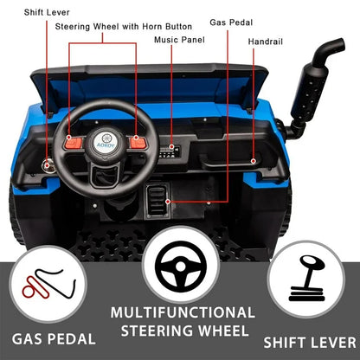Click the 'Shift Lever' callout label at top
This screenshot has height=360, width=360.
point(47,12)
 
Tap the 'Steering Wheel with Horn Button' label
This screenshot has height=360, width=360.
point(124,27)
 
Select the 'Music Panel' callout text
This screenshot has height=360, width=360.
point(179,40)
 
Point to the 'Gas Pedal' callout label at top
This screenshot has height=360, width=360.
point(231,22)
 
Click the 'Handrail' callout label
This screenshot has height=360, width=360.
point(266,42)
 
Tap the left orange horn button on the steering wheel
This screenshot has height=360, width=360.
point(74,142)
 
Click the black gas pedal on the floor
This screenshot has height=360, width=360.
point(157,201)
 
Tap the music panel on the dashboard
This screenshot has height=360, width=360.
point(170,151)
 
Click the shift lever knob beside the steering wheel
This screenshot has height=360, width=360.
point(48,165)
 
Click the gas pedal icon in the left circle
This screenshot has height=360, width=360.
point(48,283)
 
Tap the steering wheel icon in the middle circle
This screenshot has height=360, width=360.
point(181,267)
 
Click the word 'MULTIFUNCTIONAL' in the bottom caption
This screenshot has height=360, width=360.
point(183,312)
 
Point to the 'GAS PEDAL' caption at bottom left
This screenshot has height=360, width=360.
point(54,339)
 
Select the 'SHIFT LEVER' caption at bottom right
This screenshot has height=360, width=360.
point(310,343)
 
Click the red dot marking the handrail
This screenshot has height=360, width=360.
point(254,161)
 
